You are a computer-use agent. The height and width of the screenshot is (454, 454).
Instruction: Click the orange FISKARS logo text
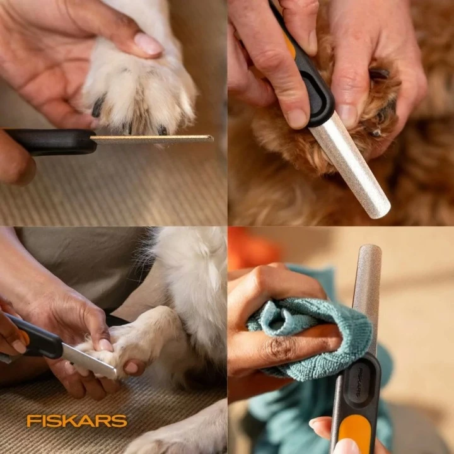click(x=77, y=421)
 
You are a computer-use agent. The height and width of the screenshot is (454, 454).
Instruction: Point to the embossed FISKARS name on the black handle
click(x=358, y=381)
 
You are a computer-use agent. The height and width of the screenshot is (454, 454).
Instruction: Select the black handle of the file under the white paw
click(x=49, y=142)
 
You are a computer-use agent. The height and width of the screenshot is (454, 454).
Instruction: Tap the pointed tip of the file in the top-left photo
click(x=212, y=139)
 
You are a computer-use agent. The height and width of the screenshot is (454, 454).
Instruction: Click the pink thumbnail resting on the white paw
click(x=148, y=44)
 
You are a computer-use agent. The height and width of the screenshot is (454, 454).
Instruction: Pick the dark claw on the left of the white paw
click(x=98, y=105)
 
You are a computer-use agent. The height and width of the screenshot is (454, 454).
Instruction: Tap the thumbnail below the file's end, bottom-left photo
click(x=131, y=368)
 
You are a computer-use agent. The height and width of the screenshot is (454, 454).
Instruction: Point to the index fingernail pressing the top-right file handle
click(x=297, y=118)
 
